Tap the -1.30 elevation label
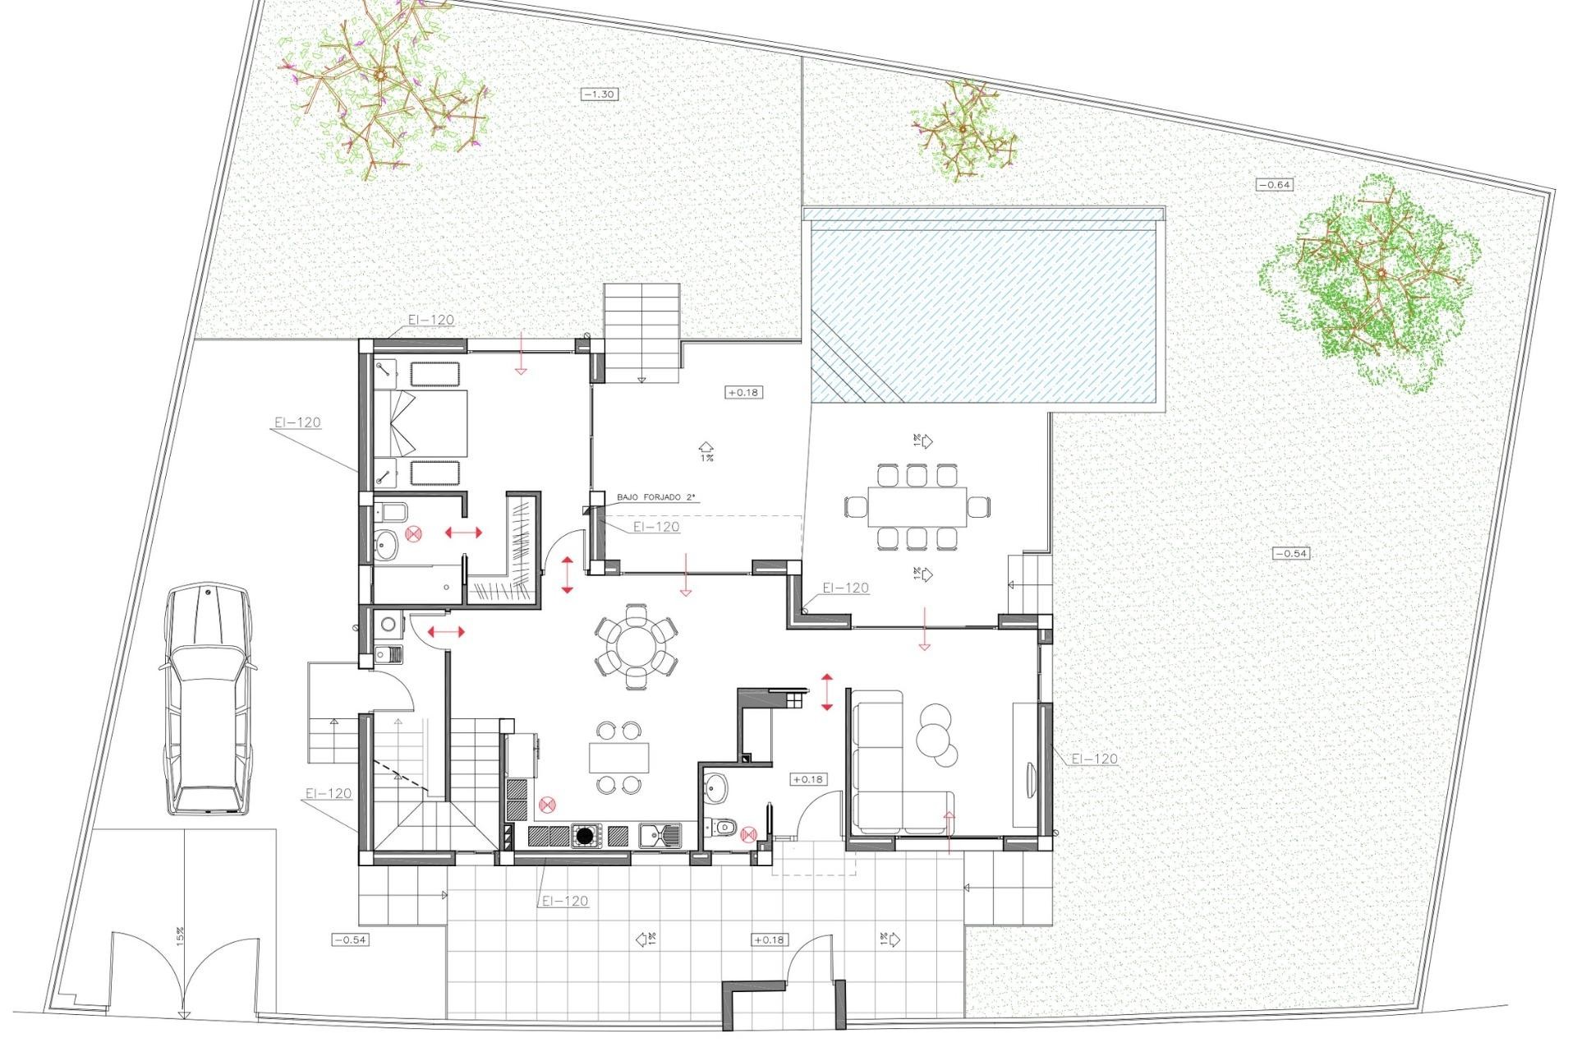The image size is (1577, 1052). tap(599, 95)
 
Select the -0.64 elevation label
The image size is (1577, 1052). tap(1275, 185)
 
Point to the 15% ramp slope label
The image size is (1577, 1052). tap(179, 935)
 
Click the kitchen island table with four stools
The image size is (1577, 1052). tap(618, 757)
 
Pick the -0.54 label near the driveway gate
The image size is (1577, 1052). tap(349, 939)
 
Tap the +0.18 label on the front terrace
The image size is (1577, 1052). tap(768, 939)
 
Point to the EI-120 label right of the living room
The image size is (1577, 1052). tap(1095, 759)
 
